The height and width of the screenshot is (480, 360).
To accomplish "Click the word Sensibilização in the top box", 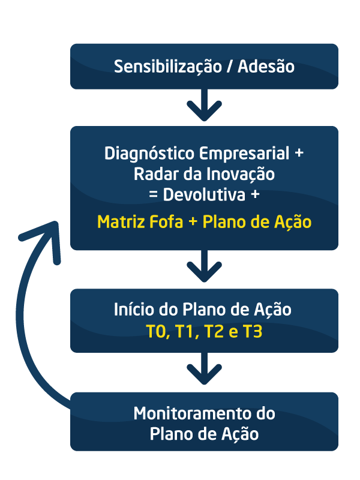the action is tap(168, 67).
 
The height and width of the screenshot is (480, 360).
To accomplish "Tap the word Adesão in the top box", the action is tap(266, 67).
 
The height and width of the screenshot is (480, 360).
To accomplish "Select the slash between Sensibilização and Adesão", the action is tap(230, 67).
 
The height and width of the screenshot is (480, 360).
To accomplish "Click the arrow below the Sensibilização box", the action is tap(204, 105).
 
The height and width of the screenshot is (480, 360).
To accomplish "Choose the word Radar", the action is tap(156, 174).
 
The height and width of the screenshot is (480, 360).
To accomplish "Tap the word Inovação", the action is tap(241, 175).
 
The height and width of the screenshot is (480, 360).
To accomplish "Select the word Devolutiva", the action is tap(204, 194).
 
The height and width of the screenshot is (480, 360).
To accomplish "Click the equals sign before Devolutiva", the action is tap(153, 195).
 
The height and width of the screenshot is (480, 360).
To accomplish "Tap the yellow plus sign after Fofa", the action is tap(193, 222).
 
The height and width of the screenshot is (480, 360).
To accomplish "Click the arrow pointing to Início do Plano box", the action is tap(204, 266).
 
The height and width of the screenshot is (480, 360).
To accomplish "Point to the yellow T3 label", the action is tap(253, 332).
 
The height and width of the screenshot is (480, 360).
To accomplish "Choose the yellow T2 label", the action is tap(214, 332).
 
